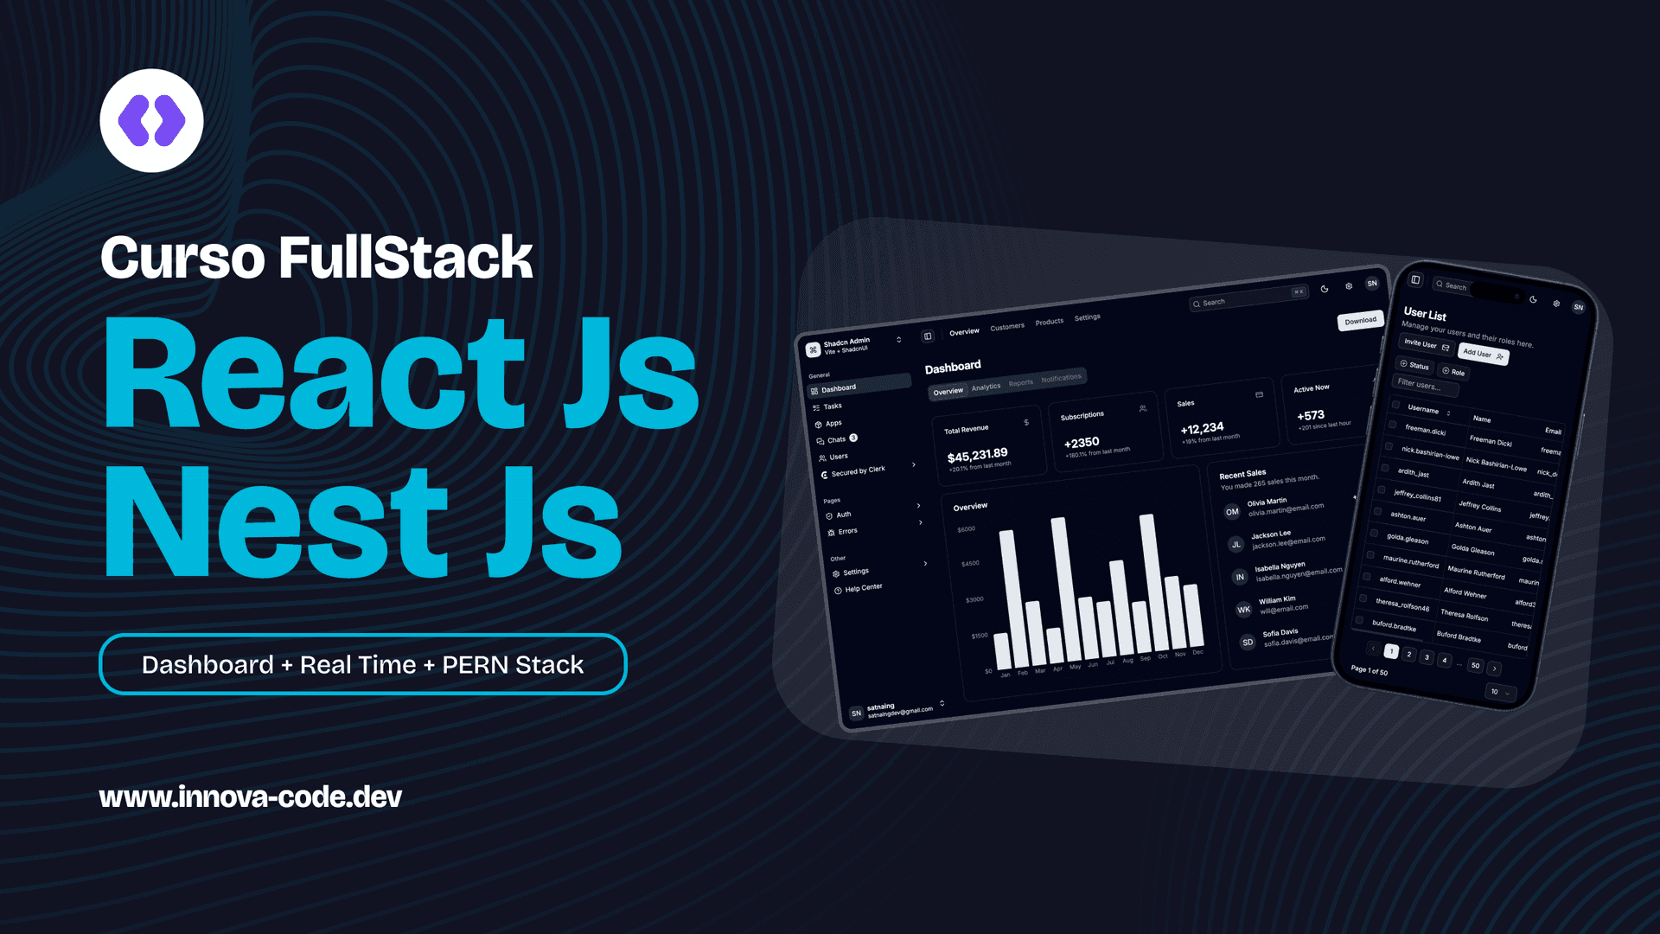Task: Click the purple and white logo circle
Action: tap(151, 120)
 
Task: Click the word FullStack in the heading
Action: tap(405, 258)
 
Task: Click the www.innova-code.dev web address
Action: tap(250, 796)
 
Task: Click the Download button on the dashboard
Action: tap(1360, 321)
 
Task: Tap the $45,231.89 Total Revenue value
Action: tap(977, 455)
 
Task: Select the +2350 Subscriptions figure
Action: tap(1082, 443)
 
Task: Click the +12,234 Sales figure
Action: tap(1202, 428)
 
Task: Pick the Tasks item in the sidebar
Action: tap(832, 406)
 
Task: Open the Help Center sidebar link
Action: tap(863, 588)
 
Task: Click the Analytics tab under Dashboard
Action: tap(986, 387)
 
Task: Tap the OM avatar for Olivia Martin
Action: tap(1232, 512)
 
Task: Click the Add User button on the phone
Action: tap(1482, 354)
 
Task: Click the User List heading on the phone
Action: tap(1425, 314)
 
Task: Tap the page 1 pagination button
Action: tap(1391, 651)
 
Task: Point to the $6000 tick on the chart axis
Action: tap(966, 529)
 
